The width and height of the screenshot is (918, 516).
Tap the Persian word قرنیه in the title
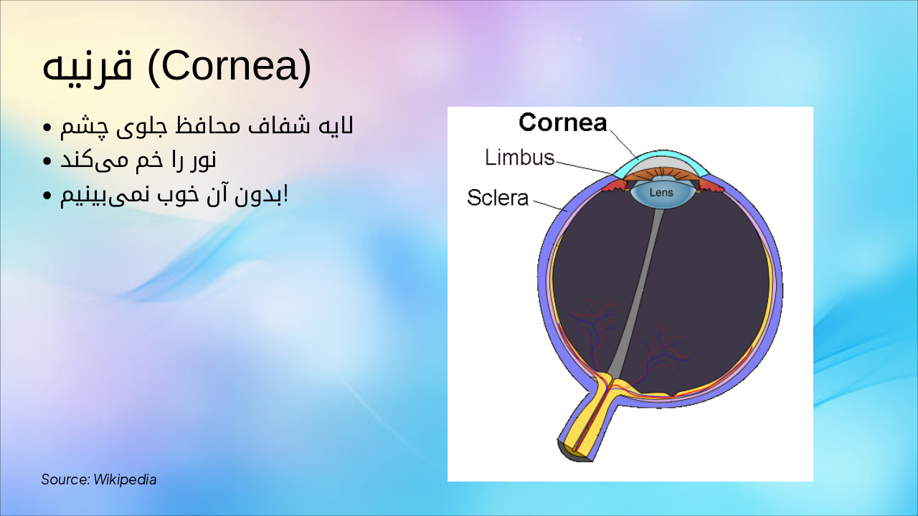87,67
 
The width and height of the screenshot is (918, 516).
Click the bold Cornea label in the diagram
563,122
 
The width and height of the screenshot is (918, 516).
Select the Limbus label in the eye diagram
519,158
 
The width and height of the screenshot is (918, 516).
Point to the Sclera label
498,198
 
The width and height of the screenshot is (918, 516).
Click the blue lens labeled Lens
661,193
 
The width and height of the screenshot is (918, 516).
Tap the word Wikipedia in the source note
125,479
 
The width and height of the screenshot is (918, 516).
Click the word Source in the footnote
65,479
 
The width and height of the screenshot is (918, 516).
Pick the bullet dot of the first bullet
47,128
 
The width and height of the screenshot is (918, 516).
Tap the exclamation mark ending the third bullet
285,195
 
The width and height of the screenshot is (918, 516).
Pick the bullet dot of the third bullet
47,196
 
